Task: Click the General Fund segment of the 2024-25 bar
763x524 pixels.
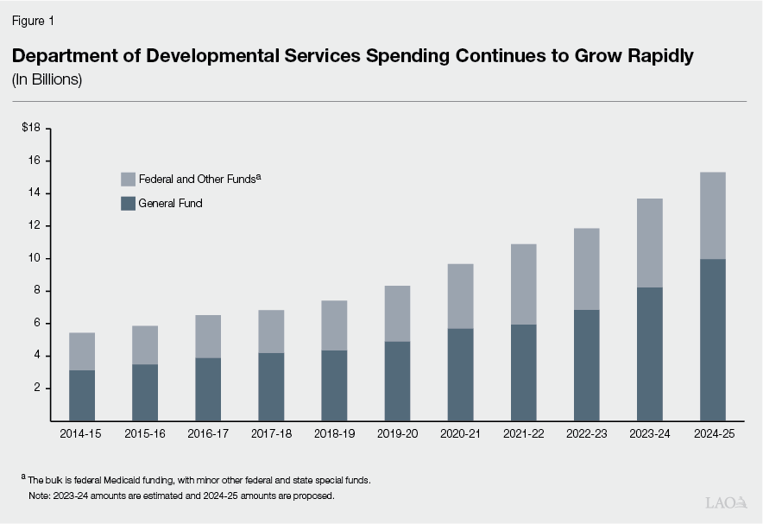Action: tap(712, 339)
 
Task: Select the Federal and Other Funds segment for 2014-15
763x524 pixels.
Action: tap(82, 351)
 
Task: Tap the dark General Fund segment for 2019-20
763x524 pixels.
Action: tap(397, 381)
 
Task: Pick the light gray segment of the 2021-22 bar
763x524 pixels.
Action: tap(523, 284)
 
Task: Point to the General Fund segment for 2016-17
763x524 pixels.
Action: tap(208, 389)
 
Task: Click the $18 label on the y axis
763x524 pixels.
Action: tap(31, 129)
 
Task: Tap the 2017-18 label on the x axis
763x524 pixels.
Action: tap(271, 435)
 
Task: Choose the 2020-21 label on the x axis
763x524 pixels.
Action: tap(460, 435)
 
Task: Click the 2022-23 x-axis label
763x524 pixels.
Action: tap(586, 435)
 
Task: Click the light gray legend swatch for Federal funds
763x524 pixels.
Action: tap(128, 180)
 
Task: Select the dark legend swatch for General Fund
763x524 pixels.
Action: tap(128, 204)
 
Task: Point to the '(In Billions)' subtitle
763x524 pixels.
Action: tap(47, 79)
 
